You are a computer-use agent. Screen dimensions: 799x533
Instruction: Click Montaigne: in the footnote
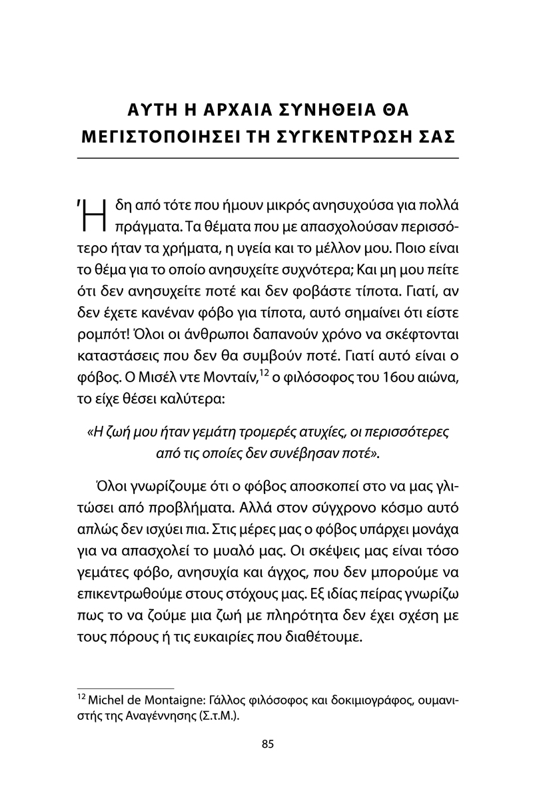tap(166, 702)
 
